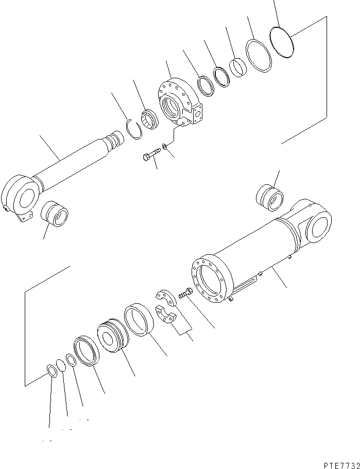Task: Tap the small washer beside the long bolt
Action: pyautogui.click(x=164, y=148)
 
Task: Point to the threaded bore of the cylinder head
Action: pyautogui.click(x=172, y=110)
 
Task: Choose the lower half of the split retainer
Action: pyautogui.click(x=166, y=317)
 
